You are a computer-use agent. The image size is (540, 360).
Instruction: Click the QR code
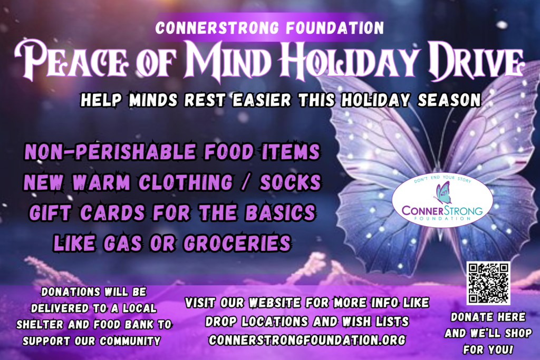[x=488, y=283]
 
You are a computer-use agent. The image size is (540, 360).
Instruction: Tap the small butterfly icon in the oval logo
[x=442, y=193]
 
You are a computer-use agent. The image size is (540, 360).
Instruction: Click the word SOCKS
[x=291, y=182]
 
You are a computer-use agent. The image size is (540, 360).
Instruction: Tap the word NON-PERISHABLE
[x=110, y=152]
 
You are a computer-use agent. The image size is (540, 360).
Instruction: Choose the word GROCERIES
[x=238, y=244]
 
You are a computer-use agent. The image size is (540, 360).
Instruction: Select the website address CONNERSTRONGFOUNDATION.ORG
[x=307, y=340]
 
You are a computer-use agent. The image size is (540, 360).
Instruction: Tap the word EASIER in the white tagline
[x=262, y=100]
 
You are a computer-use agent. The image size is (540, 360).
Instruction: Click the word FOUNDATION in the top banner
[x=335, y=28]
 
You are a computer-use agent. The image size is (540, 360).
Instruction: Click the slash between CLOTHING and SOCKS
[x=246, y=182]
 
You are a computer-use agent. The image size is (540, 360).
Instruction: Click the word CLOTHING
[x=186, y=182]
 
